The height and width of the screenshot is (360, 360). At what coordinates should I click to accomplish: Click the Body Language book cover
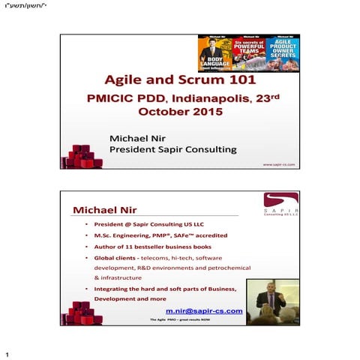tap(214, 53)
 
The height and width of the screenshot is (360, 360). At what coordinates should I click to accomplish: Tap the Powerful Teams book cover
tap(248, 53)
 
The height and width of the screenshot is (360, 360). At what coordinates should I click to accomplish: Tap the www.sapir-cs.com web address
tap(279, 163)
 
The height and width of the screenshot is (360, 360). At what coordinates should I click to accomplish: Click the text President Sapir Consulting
tap(172, 149)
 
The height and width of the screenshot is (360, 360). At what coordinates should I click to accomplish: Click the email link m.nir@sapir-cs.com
tap(204, 310)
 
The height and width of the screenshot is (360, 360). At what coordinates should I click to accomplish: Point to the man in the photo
tap(270, 299)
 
